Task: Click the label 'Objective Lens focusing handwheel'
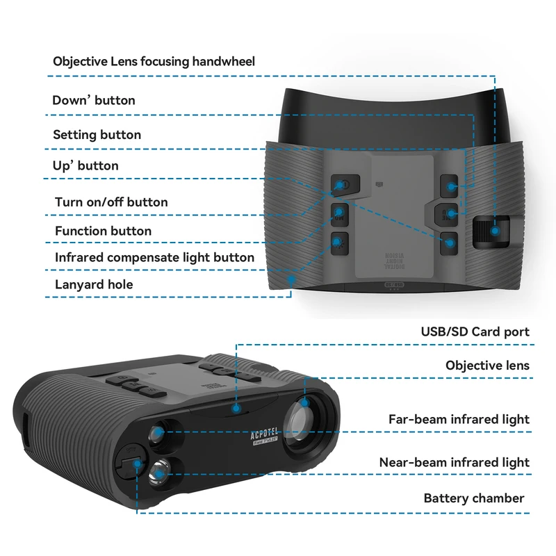coord(154,61)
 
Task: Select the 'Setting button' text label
coord(97,134)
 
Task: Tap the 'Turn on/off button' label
coord(111,202)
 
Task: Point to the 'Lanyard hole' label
coord(94,284)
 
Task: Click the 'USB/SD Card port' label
coord(475,332)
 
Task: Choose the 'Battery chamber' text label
coord(474,498)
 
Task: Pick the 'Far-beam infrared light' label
coord(459,419)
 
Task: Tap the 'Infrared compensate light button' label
coord(154,257)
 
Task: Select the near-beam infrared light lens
coord(160,475)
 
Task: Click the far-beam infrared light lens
coord(158,434)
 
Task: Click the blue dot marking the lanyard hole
coord(292,279)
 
